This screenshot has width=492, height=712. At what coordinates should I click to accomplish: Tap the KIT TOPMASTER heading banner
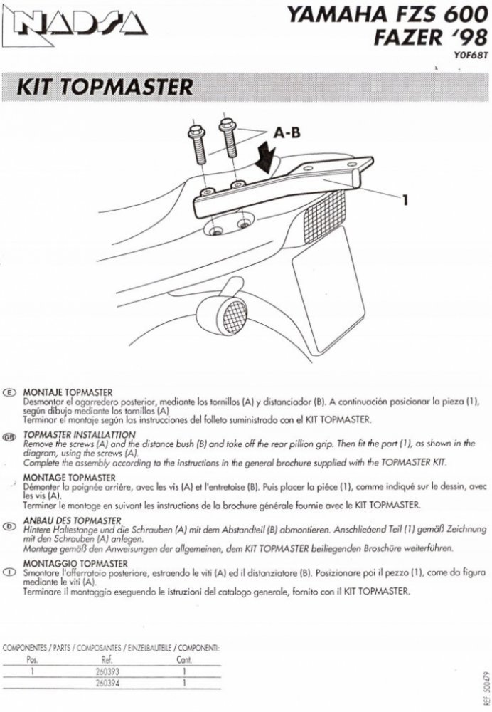[107, 86]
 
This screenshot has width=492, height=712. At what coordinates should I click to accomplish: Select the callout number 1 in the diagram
[405, 200]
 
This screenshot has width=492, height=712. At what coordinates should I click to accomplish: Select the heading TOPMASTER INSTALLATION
[79, 434]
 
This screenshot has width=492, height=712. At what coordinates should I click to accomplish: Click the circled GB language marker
[9, 434]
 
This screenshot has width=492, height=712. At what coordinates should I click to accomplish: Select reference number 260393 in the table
[105, 670]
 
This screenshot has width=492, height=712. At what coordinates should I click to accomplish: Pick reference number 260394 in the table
[105, 682]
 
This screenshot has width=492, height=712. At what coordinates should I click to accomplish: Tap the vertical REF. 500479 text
[484, 685]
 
